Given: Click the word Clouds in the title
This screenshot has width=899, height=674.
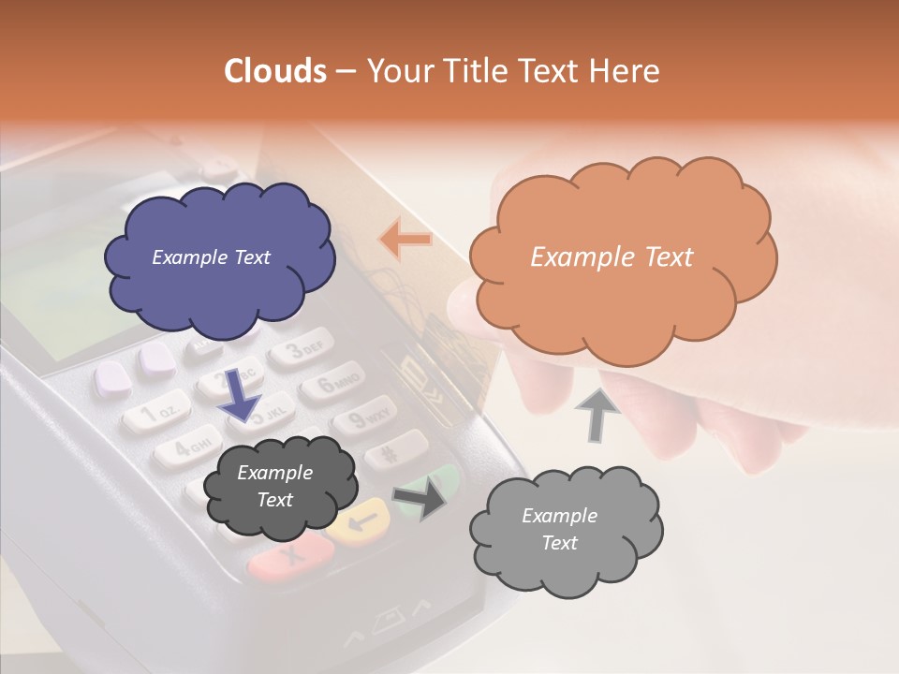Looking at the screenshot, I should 275,71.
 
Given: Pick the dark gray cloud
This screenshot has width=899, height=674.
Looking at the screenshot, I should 280,488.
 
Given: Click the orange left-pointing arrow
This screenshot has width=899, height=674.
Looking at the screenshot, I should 405,240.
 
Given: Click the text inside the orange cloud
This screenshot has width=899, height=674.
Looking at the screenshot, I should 612,257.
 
